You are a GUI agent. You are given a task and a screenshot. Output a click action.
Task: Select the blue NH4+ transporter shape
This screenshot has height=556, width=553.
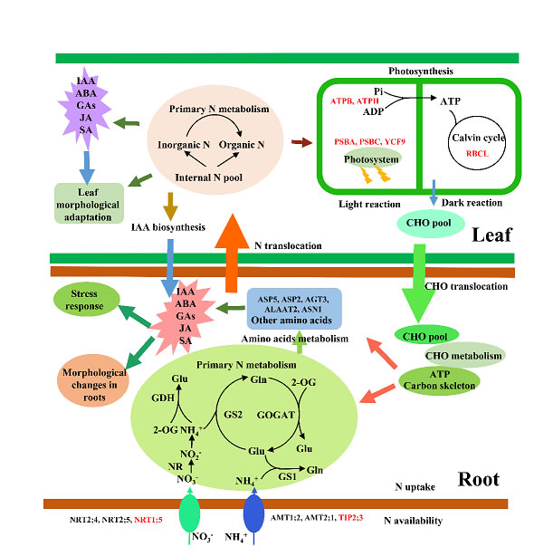[255, 511]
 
